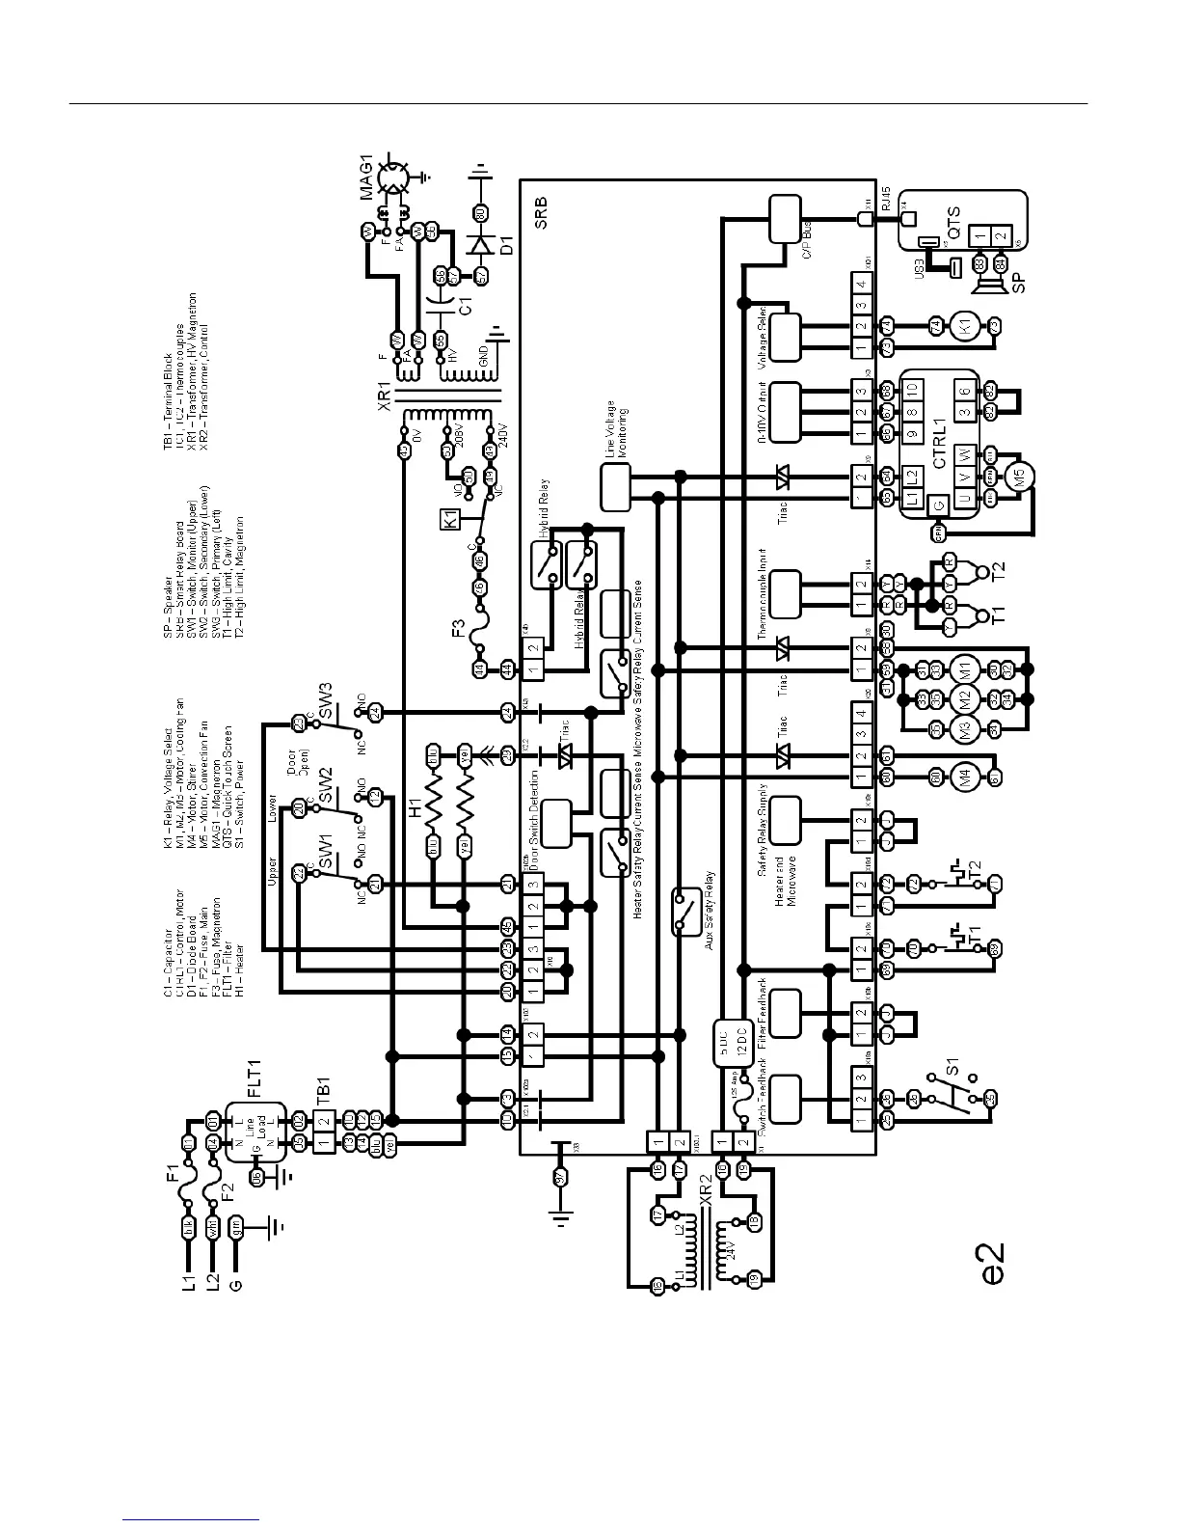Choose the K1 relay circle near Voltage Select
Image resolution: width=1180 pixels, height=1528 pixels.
[x=965, y=327]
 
